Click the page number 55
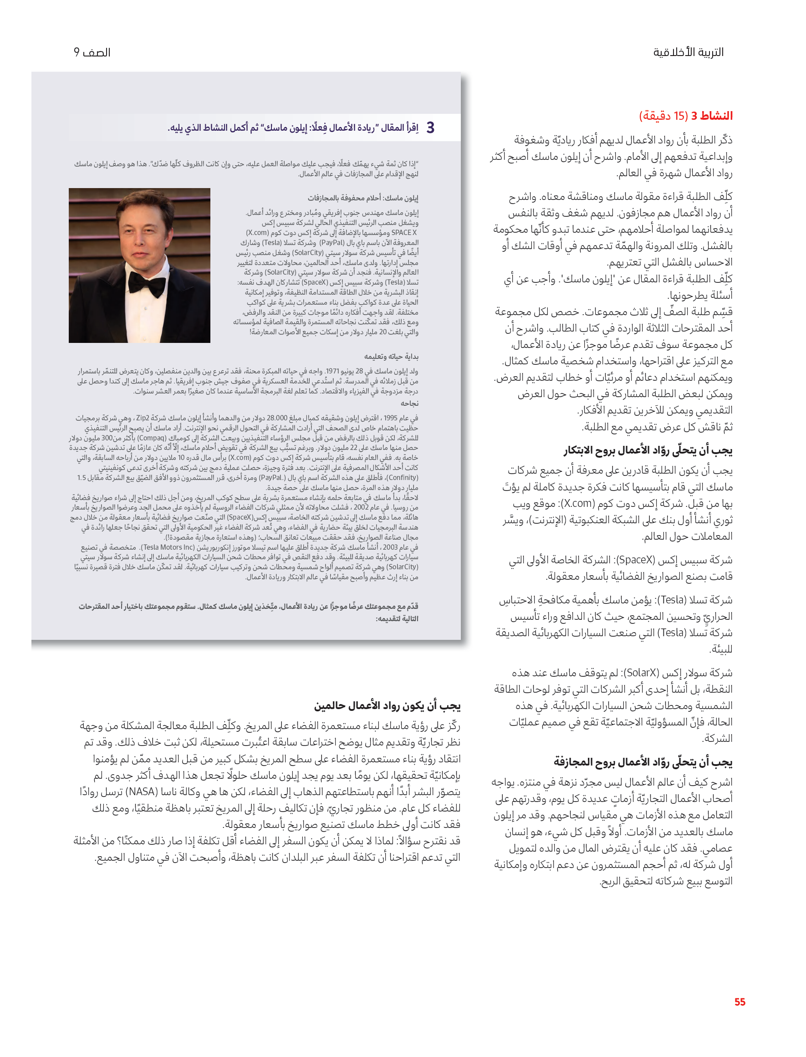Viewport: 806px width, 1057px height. click(740, 1002)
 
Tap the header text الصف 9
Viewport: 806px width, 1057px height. click(92, 52)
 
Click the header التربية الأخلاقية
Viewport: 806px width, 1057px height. click(688, 52)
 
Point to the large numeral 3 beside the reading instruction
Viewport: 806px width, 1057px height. click(430, 128)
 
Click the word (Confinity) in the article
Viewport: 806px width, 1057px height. click(402, 477)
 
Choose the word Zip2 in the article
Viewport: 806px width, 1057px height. click(143, 418)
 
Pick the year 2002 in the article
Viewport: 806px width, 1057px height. click(361, 507)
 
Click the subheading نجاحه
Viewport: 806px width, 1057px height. click(409, 403)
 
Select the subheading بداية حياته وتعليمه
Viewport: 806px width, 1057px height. click(391, 357)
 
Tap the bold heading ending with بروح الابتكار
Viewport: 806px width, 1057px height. click(648, 450)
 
